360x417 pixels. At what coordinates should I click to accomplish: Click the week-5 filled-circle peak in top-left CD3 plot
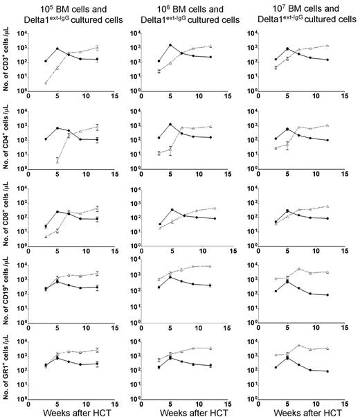click(x=58, y=49)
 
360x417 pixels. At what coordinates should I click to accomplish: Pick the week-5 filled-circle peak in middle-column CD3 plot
click(x=170, y=45)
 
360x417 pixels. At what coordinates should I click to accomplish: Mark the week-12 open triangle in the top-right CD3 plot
click(x=326, y=46)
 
